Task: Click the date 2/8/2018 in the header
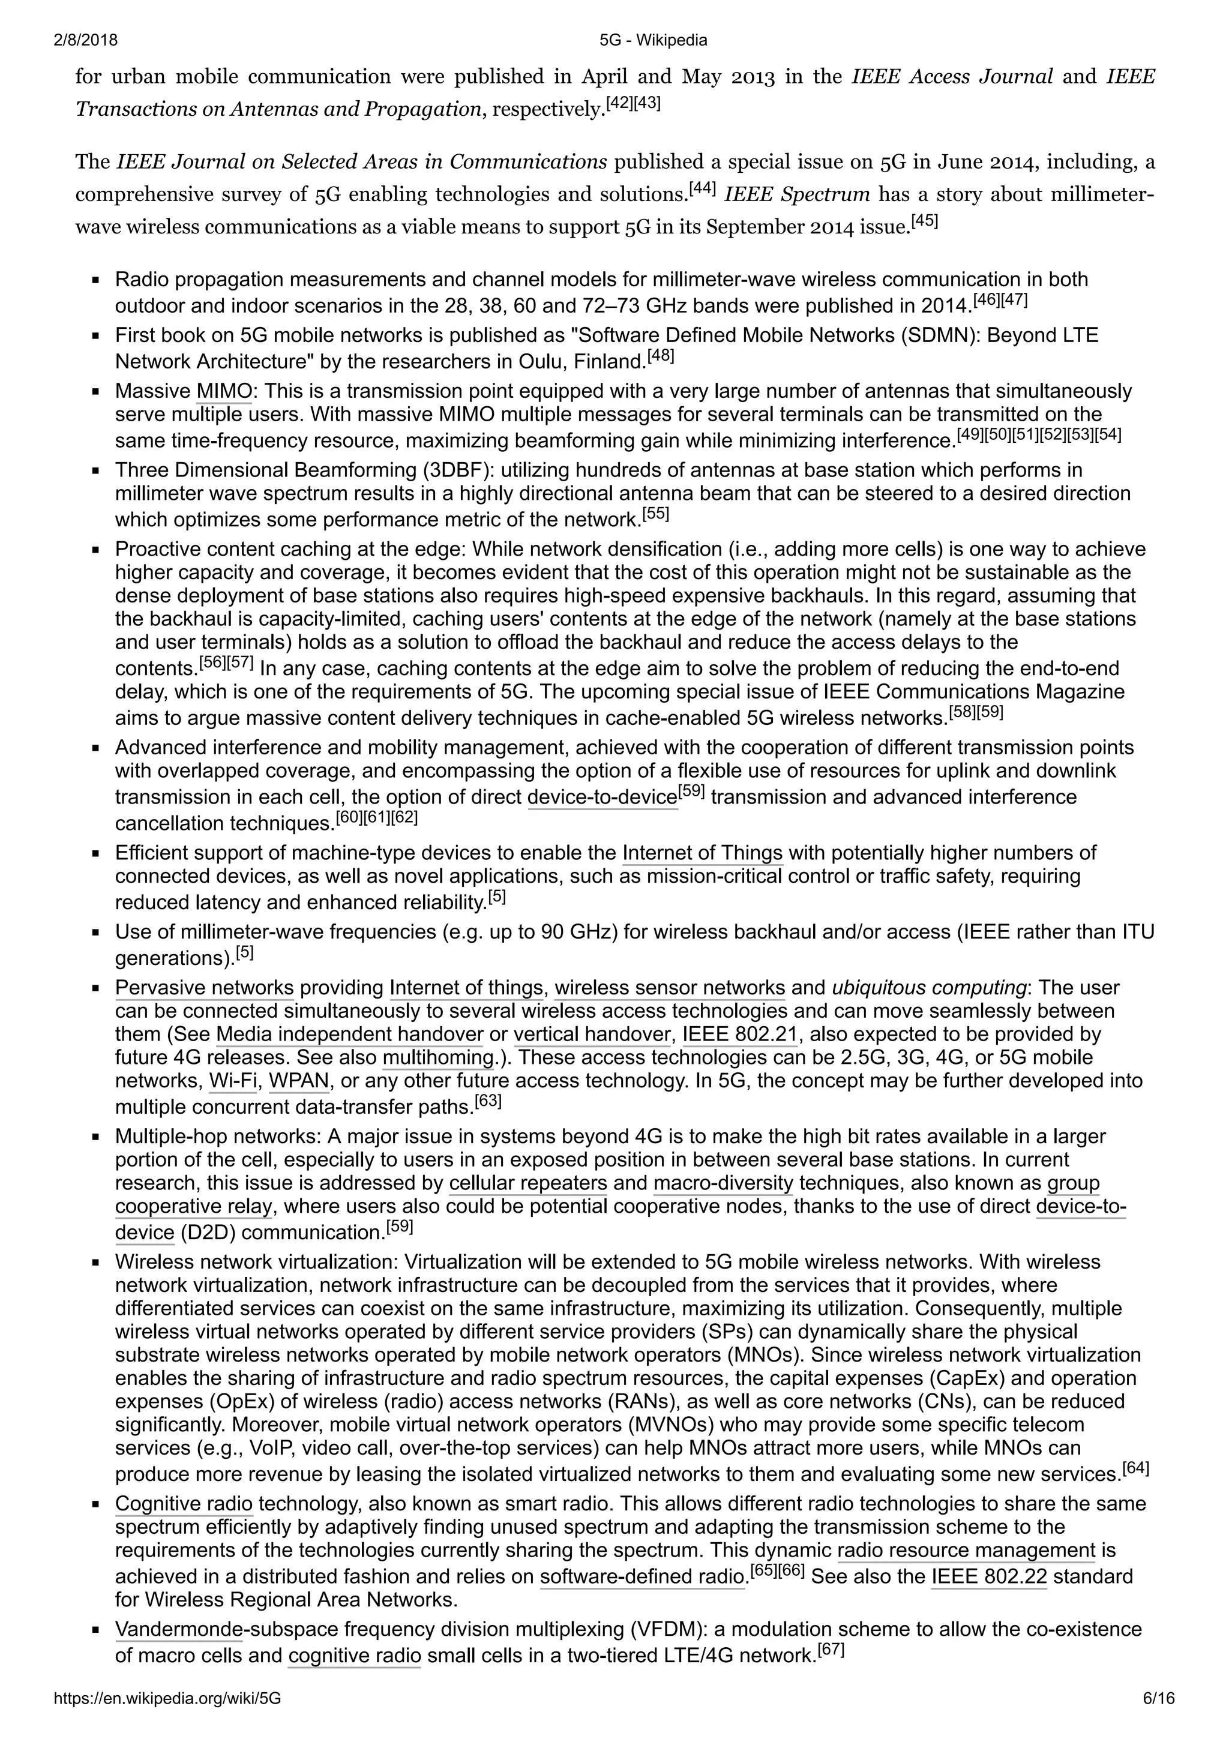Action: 86,40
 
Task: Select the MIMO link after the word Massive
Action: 224,392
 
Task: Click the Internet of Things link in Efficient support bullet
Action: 702,853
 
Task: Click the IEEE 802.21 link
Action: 734,1035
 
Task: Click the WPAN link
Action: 299,1081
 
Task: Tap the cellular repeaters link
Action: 528,1183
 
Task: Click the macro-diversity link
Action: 723,1183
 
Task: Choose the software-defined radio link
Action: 642,1577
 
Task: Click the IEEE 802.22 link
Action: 988,1577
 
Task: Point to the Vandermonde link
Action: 179,1629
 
